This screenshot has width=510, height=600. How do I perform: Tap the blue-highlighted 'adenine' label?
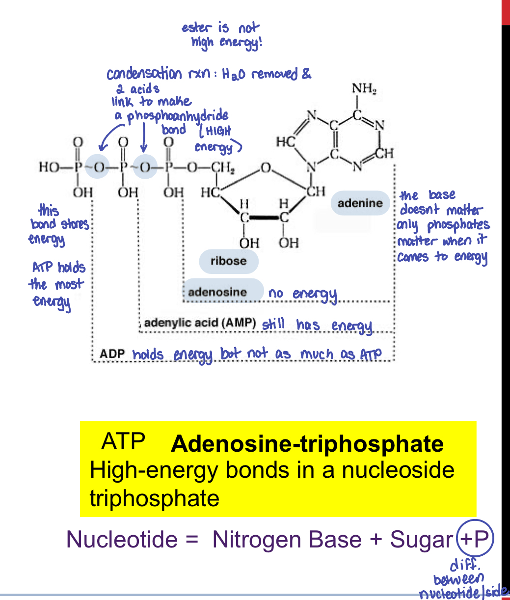(360, 203)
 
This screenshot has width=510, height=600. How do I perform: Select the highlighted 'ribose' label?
(228, 261)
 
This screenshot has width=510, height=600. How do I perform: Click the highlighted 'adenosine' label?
(217, 292)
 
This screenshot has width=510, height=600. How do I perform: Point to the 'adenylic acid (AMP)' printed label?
(200, 324)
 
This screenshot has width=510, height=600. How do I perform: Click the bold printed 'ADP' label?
(112, 354)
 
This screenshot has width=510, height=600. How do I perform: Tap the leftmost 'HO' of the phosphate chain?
(49, 167)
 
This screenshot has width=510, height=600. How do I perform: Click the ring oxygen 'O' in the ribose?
(265, 169)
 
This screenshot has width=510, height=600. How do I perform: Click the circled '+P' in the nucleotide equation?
(475, 539)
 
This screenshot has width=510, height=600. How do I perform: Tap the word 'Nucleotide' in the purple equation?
(122, 540)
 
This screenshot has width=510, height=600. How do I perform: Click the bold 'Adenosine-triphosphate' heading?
(307, 444)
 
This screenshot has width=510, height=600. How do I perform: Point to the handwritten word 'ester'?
(196, 27)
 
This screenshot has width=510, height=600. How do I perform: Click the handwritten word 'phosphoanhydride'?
(178, 116)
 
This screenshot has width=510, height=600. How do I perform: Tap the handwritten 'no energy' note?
(302, 294)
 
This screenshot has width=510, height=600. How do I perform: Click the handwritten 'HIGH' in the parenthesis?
(216, 132)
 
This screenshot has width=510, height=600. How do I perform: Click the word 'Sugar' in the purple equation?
(421, 540)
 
